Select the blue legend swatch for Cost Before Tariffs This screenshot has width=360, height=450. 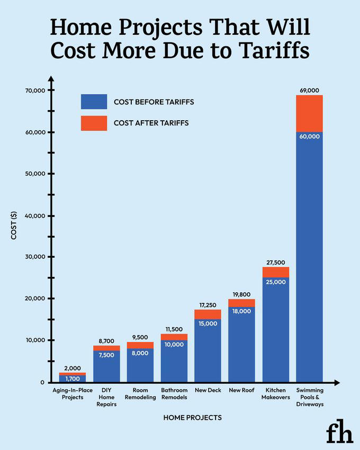(x=94, y=102)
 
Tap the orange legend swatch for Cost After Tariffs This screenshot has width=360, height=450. (x=94, y=123)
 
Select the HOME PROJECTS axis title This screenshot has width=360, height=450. (x=192, y=418)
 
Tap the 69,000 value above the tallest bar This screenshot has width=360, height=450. (x=309, y=91)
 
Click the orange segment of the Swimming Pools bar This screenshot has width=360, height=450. (x=309, y=113)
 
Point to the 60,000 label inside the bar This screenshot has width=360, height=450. (x=309, y=137)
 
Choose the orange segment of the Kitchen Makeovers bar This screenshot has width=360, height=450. (x=275, y=272)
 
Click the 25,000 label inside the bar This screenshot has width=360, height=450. (x=275, y=282)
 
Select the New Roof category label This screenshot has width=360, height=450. (x=241, y=390)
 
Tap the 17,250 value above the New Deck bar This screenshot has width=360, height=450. (x=208, y=305)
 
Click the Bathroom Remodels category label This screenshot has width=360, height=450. (x=174, y=393)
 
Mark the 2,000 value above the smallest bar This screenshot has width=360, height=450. (x=73, y=368)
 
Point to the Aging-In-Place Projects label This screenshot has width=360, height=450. (x=73, y=393)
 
